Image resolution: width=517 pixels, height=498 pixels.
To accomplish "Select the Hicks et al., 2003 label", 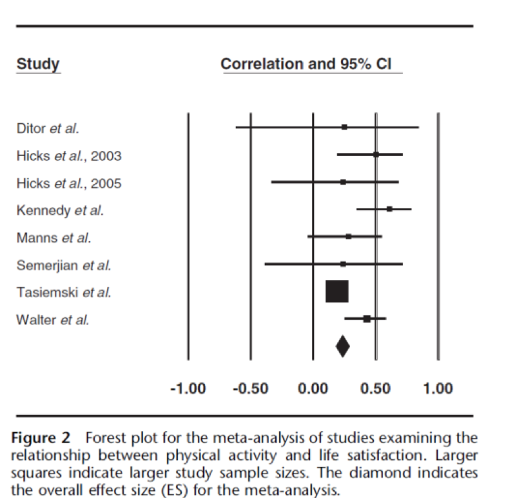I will (68, 155).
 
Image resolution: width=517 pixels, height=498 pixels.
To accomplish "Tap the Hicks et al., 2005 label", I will (68, 183).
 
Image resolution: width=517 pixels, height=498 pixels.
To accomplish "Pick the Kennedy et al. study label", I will (59, 210).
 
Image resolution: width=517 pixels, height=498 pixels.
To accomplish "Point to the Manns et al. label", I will (54, 237).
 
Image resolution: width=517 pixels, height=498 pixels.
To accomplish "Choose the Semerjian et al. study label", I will (63, 264).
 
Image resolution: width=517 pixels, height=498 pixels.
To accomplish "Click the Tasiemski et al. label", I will (63, 292).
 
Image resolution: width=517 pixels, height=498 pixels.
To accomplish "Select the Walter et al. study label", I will (53, 319).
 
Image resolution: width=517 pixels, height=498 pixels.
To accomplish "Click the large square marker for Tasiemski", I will (337, 292).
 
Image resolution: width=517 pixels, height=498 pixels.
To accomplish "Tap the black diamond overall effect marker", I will (342, 346).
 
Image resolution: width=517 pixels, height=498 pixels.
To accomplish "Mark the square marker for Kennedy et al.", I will (389, 209).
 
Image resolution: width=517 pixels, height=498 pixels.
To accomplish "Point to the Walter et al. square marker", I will (367, 319).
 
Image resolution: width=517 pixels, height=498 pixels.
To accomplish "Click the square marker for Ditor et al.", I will (344, 128).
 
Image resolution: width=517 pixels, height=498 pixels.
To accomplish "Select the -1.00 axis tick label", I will (188, 388).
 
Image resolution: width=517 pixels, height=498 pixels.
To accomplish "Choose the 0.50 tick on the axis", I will (375, 388).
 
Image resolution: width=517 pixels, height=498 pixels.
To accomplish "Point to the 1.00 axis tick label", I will (438, 388).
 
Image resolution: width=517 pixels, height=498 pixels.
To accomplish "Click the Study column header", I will (38, 64).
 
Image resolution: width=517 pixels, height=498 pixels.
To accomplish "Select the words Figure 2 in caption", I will (40, 439).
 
